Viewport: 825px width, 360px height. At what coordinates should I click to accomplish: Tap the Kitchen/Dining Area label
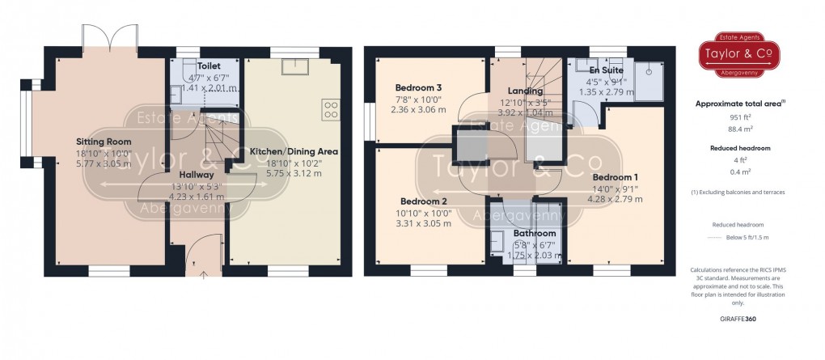[x=294, y=151]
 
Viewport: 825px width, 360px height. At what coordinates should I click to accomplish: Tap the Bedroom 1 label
[x=616, y=177]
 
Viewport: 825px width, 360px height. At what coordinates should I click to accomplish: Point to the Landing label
[x=525, y=91]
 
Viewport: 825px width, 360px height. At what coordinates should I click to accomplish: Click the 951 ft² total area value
[x=737, y=118]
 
